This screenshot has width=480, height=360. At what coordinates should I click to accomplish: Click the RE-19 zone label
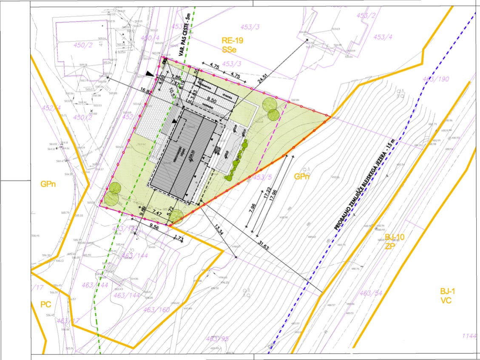(232, 41)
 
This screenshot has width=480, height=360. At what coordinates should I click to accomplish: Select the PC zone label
(45, 304)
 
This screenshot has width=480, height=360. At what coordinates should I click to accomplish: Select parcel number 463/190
(436, 79)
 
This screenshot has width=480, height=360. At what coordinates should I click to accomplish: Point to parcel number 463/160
(156, 309)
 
